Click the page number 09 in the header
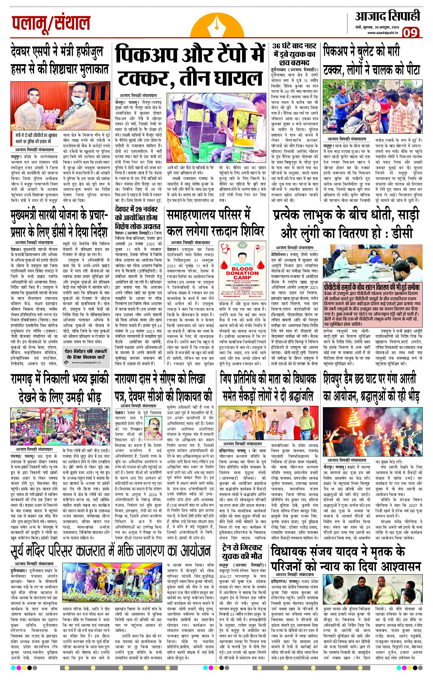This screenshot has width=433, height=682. [x=410, y=33]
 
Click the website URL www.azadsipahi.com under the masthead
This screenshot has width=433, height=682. [x=383, y=33]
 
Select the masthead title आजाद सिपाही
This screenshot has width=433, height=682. [x=388, y=16]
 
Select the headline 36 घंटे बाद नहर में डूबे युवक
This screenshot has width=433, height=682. [x=294, y=54]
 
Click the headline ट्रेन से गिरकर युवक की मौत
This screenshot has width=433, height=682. [x=242, y=552]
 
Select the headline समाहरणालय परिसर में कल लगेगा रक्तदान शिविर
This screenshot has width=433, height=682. [x=215, y=223]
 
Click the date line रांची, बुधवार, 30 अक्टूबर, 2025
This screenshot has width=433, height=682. [x=377, y=27]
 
